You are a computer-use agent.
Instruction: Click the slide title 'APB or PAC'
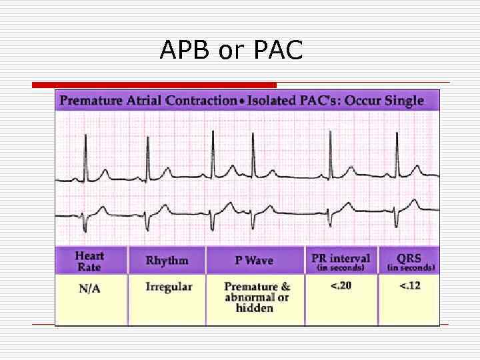pos(231,49)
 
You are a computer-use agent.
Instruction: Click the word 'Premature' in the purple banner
pos(91,101)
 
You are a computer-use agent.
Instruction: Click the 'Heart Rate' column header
pos(90,261)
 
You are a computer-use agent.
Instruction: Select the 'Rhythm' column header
pos(167,261)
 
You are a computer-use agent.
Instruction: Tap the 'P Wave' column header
pos(254,261)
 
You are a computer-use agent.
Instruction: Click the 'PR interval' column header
pos(341,258)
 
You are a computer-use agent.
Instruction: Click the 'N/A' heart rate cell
pos(90,288)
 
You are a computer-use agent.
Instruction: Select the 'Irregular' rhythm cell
pos(169,287)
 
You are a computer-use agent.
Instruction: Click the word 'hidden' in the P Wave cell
pos(255,309)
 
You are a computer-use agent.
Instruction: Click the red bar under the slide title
pos(154,85)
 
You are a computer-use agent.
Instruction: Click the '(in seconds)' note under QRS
pos(411,268)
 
